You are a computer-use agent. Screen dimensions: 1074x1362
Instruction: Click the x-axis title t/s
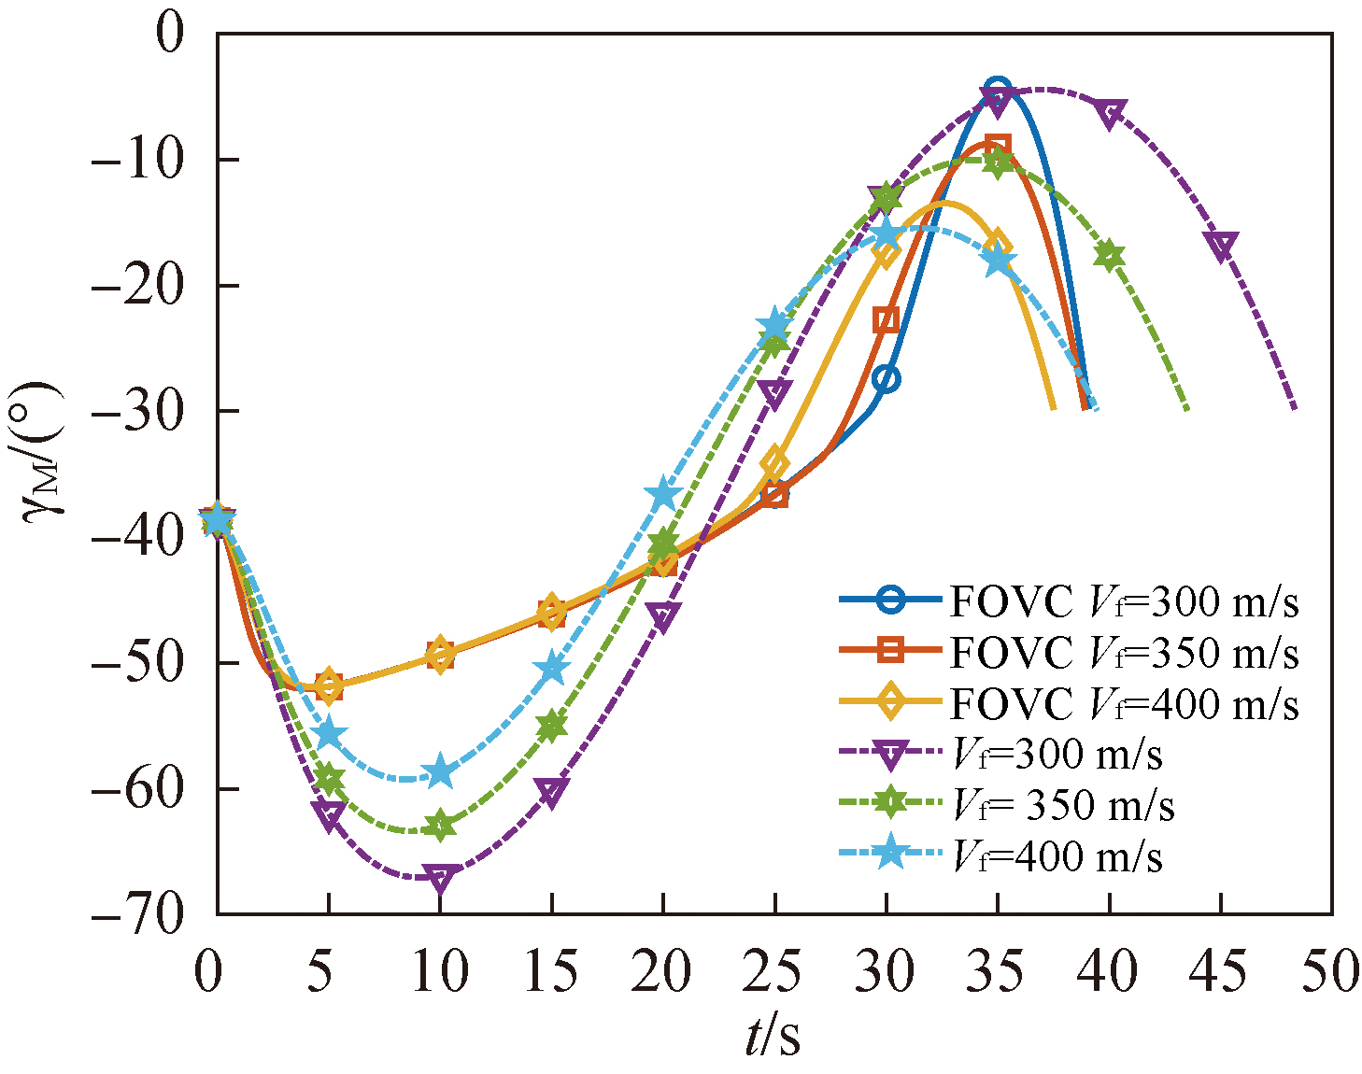click(773, 1038)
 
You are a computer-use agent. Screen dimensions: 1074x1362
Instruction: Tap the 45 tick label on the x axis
click(1219, 971)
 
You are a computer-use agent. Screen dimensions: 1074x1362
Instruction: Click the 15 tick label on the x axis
click(551, 971)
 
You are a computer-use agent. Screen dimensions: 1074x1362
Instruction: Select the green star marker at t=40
click(1109, 256)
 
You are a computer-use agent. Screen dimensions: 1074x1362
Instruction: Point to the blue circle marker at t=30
click(887, 379)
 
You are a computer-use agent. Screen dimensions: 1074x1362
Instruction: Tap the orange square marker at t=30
click(887, 320)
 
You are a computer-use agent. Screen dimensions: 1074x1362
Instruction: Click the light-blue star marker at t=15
click(552, 669)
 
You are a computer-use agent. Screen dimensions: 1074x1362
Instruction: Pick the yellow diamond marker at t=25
click(774, 463)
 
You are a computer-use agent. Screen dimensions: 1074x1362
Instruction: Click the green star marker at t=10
click(440, 827)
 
